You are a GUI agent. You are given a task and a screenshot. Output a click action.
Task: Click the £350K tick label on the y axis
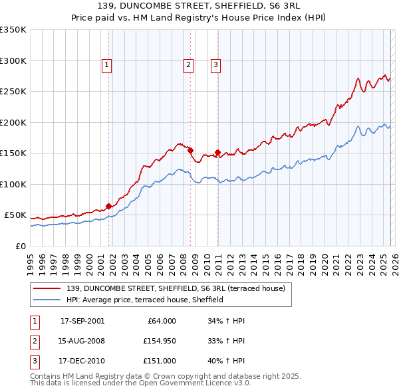(x=13, y=30)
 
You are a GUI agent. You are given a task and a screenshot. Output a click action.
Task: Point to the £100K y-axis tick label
(x=13, y=184)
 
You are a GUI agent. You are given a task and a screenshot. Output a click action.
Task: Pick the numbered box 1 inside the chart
(x=107, y=64)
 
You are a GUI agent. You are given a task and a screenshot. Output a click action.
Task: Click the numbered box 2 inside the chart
(x=189, y=64)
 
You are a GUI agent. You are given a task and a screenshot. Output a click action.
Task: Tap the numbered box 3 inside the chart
(x=217, y=64)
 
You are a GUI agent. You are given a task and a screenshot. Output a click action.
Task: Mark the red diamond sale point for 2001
(x=108, y=206)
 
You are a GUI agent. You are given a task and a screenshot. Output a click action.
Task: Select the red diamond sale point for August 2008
(x=190, y=150)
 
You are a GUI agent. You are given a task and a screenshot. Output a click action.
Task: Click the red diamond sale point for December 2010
(x=217, y=153)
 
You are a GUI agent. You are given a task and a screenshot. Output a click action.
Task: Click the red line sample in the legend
(x=48, y=288)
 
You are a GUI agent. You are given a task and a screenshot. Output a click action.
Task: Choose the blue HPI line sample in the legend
(x=48, y=300)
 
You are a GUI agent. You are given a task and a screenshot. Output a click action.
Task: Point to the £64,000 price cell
(x=162, y=321)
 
